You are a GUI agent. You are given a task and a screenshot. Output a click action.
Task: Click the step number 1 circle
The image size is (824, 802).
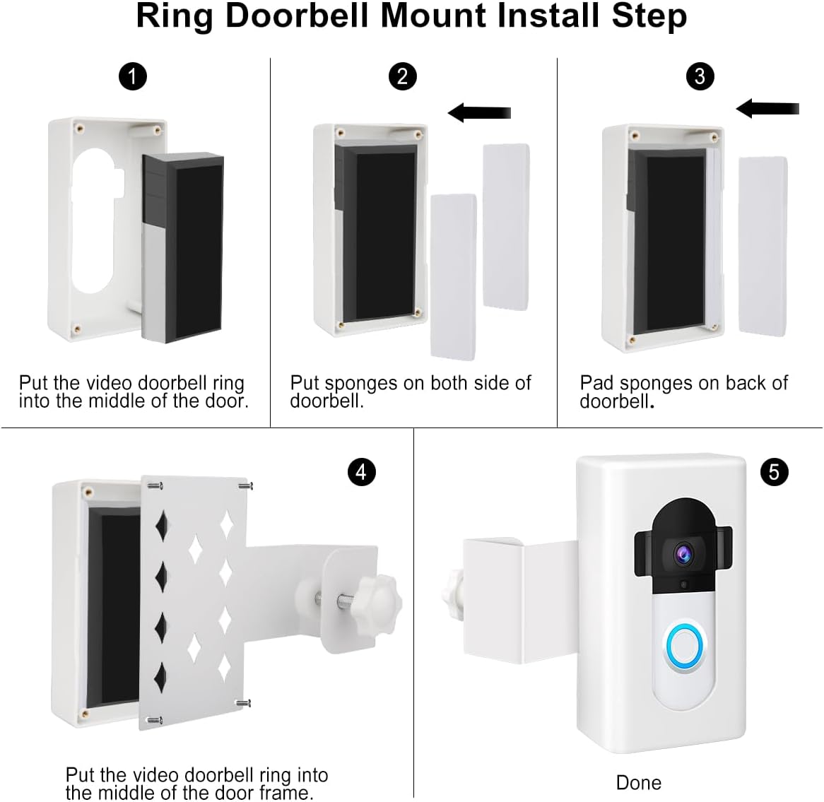click(133, 76)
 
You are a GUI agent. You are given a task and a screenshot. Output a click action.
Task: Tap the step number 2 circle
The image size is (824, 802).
click(402, 76)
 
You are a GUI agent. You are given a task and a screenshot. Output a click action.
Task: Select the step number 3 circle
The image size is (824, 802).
click(700, 76)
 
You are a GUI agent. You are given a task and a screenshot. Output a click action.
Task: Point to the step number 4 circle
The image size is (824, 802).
click(361, 471)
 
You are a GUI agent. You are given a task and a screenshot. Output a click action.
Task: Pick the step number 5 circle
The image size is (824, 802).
click(774, 471)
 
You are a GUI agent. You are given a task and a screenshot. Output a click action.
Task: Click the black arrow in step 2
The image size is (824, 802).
click(479, 112)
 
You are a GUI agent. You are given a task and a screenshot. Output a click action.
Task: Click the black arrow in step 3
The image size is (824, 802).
click(767, 108)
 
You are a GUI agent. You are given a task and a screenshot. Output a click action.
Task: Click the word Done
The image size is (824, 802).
click(639, 782)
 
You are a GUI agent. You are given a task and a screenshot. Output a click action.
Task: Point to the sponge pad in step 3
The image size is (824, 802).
click(763, 246)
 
